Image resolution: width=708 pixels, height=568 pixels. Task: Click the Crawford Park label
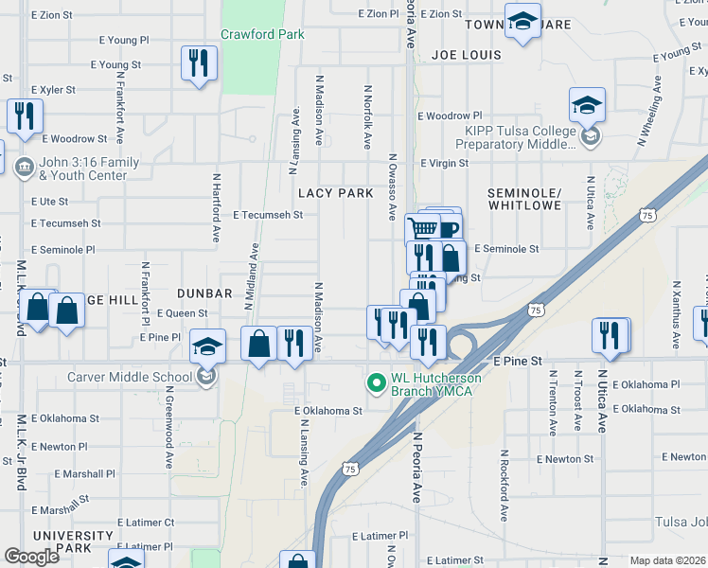262,34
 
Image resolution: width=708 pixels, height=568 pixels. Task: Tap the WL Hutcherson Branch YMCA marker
376,383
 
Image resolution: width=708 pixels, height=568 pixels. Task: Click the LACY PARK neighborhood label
330,192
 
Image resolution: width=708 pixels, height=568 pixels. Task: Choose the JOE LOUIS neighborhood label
466,55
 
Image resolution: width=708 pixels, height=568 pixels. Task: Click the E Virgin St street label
444,163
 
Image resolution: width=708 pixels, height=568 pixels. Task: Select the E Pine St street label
518,362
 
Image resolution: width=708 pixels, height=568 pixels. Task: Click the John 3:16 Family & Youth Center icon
24,169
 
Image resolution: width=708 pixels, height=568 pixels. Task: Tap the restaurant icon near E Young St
198,63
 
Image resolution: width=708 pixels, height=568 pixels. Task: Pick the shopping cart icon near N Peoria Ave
422,229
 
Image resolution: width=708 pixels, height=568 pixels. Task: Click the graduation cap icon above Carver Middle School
207,346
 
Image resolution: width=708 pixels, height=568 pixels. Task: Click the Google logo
31,557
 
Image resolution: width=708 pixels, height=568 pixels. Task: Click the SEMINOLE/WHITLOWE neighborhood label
524,199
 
